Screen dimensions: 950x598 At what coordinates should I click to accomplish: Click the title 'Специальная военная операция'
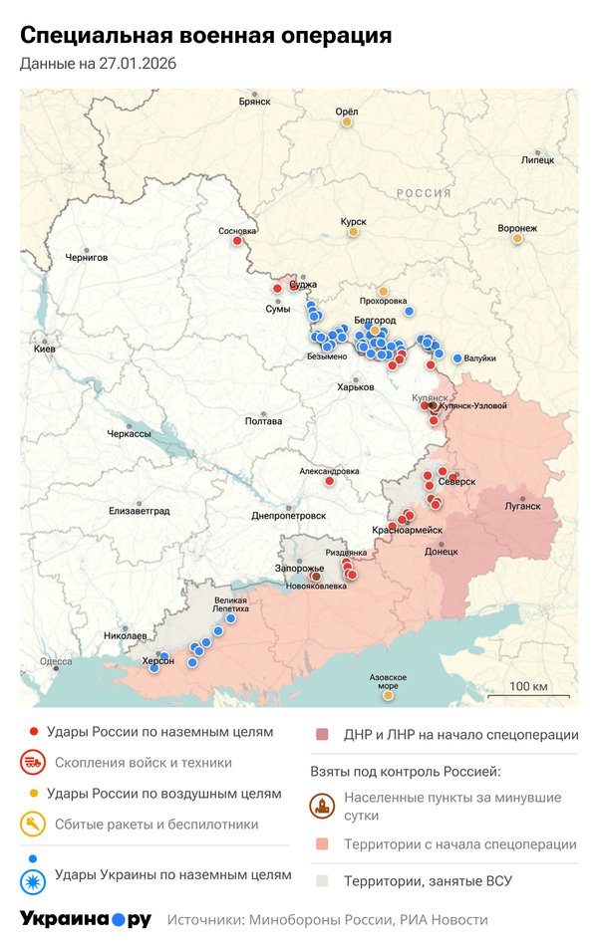point(205,37)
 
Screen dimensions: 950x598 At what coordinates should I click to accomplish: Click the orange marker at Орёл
point(347,122)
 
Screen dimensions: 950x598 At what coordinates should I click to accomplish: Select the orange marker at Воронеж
point(516,238)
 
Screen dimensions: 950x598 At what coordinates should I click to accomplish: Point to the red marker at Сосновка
point(237,240)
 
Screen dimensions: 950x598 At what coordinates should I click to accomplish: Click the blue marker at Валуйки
point(457,358)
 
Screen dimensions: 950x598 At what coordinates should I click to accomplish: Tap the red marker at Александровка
point(330,481)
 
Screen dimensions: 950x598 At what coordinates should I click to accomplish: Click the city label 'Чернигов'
point(86,257)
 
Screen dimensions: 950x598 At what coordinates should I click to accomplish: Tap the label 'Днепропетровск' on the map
point(289,516)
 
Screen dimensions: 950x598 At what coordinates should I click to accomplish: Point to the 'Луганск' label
point(523,506)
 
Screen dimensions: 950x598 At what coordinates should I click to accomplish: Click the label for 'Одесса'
point(56,661)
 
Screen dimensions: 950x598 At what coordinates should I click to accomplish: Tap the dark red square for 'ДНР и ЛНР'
point(322,736)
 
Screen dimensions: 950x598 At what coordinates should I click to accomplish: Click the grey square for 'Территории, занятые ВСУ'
point(322,881)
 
